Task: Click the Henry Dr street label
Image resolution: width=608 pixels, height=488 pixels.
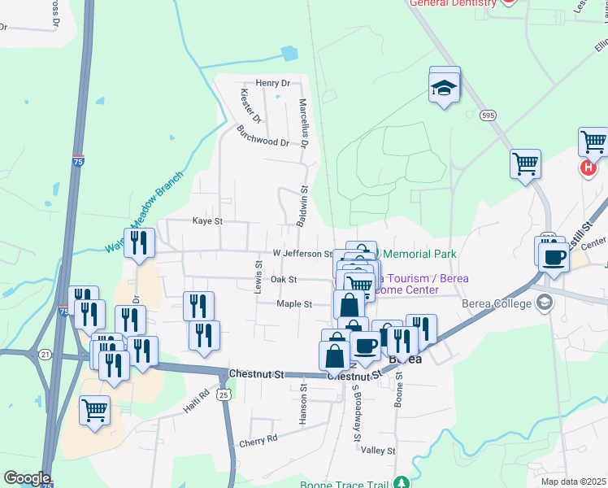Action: (x=272, y=83)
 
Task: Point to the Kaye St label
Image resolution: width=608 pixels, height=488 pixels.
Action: (x=206, y=220)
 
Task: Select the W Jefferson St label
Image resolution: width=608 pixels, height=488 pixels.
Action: (x=302, y=254)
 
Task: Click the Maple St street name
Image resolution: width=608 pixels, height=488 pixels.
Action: (x=295, y=304)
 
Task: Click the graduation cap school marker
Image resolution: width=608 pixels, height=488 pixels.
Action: (x=445, y=87)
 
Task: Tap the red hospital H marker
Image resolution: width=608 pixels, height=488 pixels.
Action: (x=588, y=168)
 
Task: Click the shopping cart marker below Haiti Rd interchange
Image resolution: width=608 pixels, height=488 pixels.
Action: (x=95, y=410)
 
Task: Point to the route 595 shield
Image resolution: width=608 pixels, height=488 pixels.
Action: (x=488, y=115)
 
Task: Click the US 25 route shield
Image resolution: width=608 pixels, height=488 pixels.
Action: (x=224, y=394)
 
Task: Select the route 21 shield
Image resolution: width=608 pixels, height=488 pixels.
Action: (x=45, y=355)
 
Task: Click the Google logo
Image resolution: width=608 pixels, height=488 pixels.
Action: (x=26, y=478)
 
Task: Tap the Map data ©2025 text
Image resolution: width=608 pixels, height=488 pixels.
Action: (x=572, y=481)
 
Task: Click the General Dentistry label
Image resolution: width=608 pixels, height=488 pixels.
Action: (x=453, y=3)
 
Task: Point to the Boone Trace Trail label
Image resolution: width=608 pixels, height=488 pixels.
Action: (x=351, y=481)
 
